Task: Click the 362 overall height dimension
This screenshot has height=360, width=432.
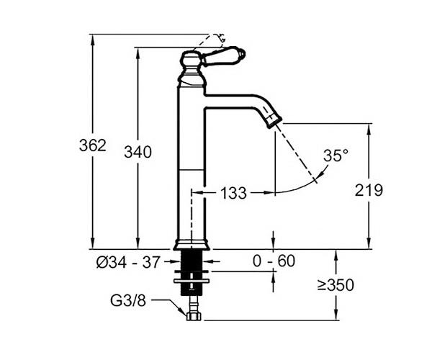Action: (x=93, y=145)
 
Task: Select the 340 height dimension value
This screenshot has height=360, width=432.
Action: (x=138, y=152)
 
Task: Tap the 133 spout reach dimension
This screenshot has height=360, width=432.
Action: (x=233, y=193)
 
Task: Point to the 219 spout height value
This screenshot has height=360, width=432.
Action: (x=369, y=190)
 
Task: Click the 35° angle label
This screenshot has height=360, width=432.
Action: (x=336, y=156)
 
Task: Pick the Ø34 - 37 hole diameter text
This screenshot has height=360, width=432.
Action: (x=128, y=262)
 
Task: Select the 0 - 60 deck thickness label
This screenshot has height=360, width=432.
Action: (x=274, y=261)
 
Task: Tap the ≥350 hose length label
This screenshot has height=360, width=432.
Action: (x=336, y=285)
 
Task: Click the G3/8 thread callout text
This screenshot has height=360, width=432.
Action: (x=128, y=300)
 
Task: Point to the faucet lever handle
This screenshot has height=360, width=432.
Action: (x=222, y=58)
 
